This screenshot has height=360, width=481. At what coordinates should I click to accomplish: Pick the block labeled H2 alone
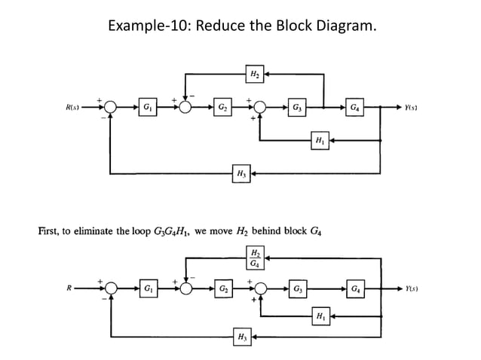(255, 73)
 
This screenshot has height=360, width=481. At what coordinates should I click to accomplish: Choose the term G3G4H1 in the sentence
(174, 230)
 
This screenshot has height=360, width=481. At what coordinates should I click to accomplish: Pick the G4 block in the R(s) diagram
(355, 106)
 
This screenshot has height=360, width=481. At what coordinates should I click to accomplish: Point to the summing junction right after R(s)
(112, 106)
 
